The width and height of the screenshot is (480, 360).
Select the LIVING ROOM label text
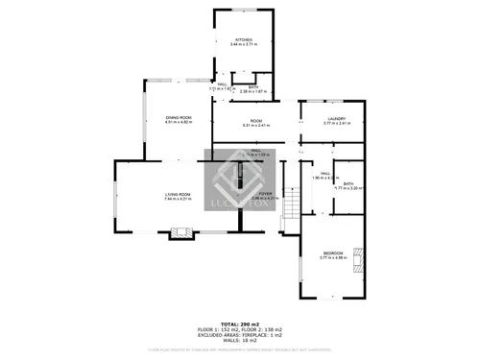click(x=178, y=195)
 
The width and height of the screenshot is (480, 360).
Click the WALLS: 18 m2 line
click(x=240, y=341)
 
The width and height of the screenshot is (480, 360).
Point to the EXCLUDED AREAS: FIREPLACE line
click(x=240, y=334)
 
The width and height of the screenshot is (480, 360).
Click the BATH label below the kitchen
click(x=252, y=87)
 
